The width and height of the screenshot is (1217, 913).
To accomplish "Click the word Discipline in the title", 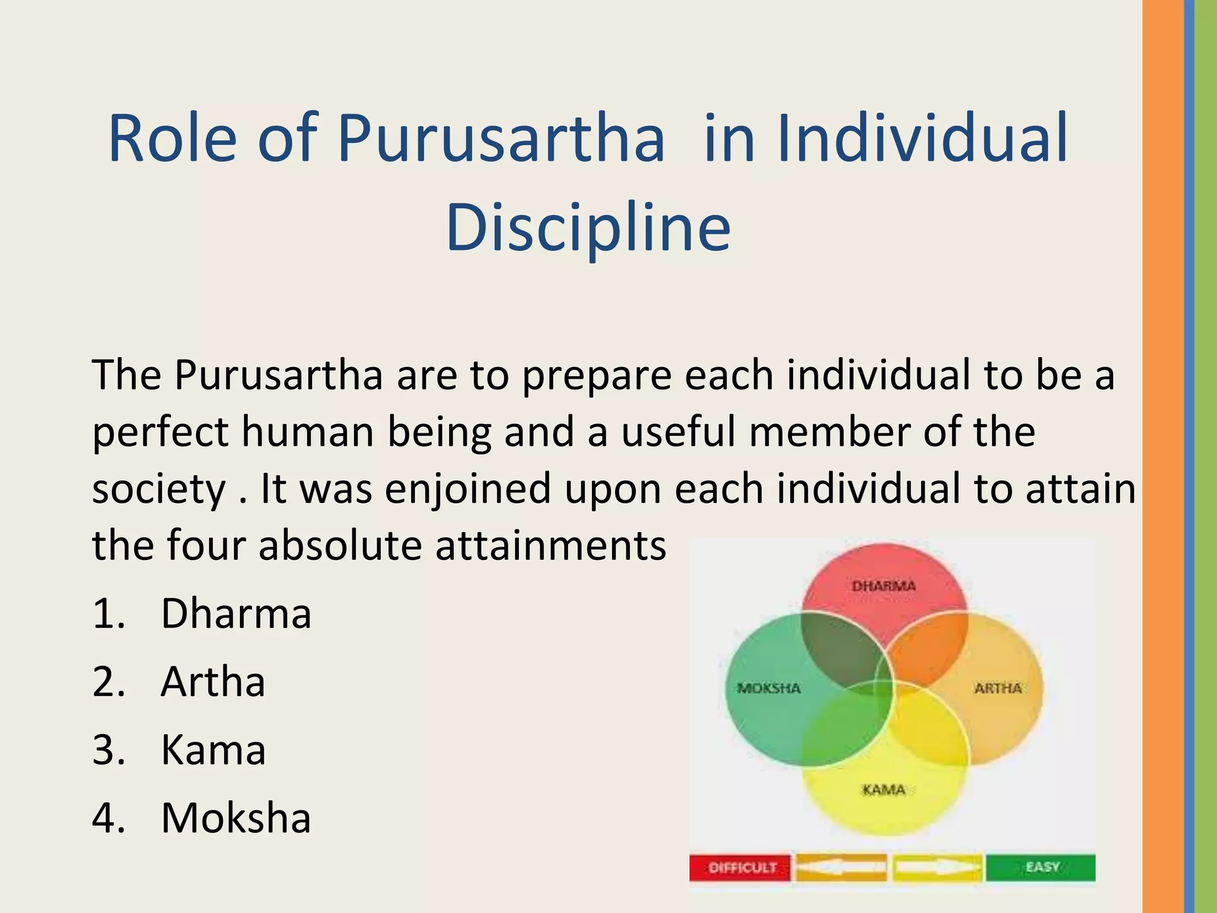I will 588,228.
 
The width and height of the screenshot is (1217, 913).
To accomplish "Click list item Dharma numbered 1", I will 235,613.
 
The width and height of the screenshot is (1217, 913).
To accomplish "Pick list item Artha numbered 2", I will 213,682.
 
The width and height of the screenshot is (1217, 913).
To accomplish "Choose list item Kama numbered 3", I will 213,750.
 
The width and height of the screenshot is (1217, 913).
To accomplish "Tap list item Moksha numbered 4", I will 235,818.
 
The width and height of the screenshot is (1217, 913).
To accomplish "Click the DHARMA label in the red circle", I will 884,586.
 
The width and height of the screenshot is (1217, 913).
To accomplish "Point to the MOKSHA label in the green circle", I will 769,688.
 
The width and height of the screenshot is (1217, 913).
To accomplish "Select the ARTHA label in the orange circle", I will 998,688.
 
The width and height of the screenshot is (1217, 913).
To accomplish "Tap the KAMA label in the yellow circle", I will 884,790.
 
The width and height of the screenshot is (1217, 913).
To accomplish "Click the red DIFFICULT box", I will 740,868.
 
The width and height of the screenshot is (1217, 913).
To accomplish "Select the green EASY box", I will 1041,867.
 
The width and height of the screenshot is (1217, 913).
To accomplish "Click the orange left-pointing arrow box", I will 841,868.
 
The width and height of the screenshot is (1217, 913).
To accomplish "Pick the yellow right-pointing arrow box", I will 937,868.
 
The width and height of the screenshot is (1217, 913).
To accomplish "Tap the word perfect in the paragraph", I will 160,433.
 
